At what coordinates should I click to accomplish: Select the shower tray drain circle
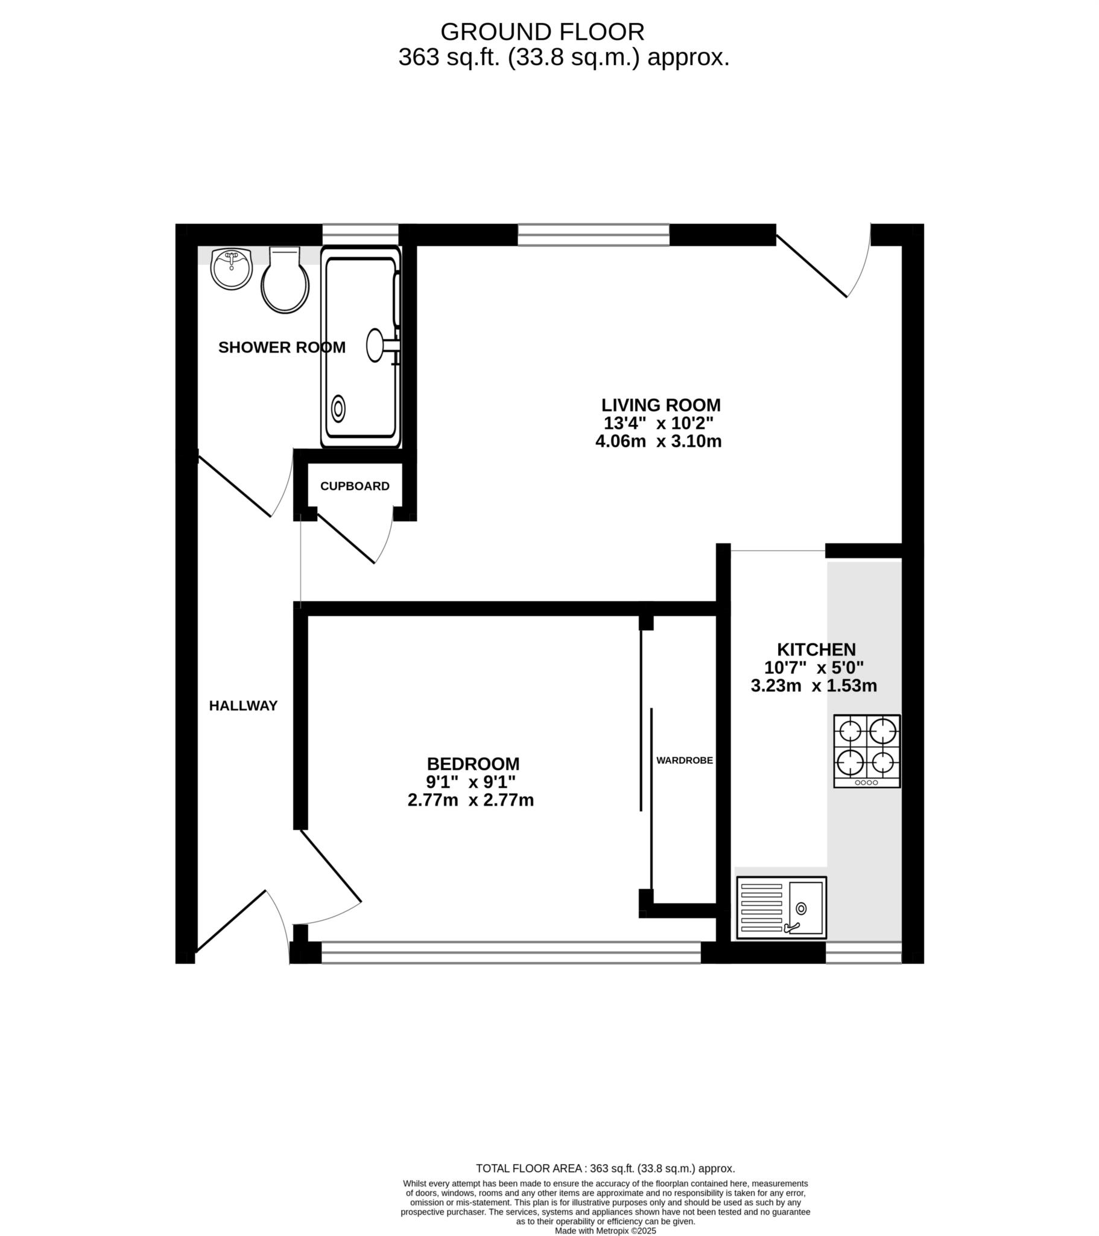coord(338,409)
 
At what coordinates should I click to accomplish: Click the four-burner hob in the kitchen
coord(867,751)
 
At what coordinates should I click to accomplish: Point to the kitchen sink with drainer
coord(781,908)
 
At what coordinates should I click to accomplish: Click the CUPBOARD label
coord(355,486)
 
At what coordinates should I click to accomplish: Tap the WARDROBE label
coord(684,760)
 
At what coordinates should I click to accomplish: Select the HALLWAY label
coord(243,706)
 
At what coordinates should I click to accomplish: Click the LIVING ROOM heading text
coord(660,404)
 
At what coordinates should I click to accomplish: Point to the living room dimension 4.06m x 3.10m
coord(658,441)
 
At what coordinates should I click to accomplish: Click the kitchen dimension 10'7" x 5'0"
coord(814,667)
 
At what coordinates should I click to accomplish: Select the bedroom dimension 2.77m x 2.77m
coord(470,800)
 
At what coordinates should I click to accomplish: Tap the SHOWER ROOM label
coord(282,347)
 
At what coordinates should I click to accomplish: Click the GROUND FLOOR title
coord(542,31)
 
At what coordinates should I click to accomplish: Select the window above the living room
coord(593,235)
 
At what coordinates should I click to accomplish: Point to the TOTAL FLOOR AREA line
coord(605,1169)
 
